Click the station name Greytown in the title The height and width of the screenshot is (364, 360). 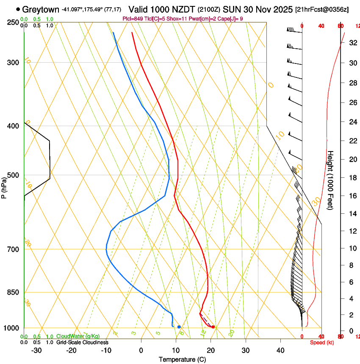pyautogui.click(x=41, y=9)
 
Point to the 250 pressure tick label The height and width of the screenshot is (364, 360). pyautogui.click(x=13, y=22)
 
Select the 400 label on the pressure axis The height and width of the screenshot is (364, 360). pyautogui.click(x=13, y=126)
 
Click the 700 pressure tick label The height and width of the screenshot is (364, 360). pyautogui.click(x=13, y=249)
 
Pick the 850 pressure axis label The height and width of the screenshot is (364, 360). pyautogui.click(x=13, y=292)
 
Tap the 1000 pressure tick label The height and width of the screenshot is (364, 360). pyautogui.click(x=11, y=328)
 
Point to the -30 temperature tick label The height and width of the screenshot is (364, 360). pyautogui.click(x=36, y=350)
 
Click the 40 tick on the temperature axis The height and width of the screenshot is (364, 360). pyautogui.click(x=280, y=350)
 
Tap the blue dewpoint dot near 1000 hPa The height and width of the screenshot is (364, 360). pyautogui.click(x=179, y=327)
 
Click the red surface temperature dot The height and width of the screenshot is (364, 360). pyautogui.click(x=213, y=327)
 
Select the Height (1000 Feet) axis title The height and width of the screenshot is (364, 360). pyautogui.click(x=331, y=180)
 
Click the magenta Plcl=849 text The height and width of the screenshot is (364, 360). pyautogui.click(x=134, y=19)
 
